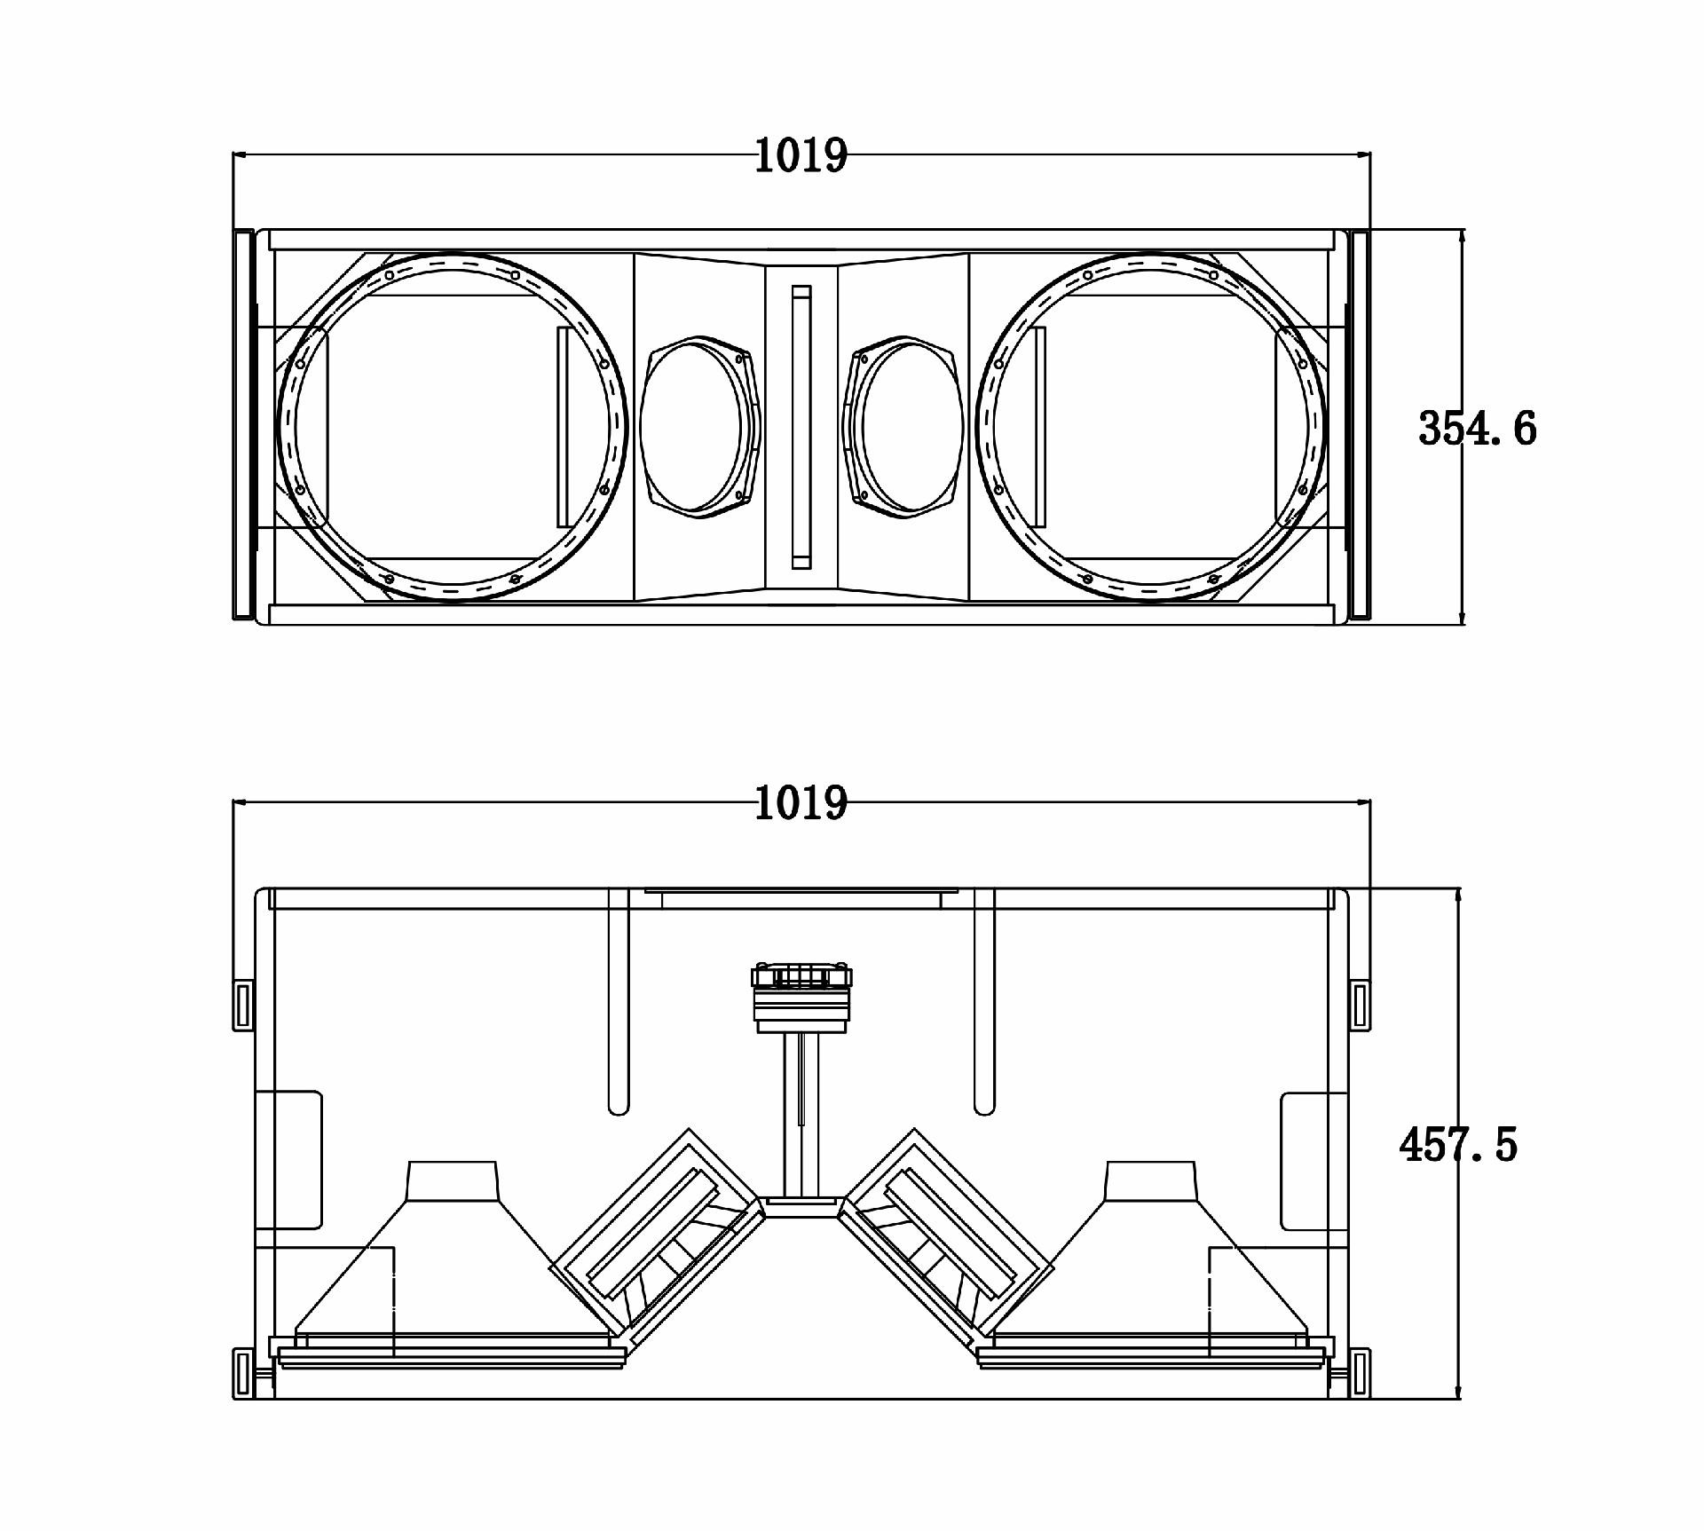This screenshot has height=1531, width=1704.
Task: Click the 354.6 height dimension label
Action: [x=1478, y=428]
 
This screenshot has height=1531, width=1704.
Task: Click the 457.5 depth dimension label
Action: [x=1459, y=1145]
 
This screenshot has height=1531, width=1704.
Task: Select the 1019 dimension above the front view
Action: [x=801, y=155]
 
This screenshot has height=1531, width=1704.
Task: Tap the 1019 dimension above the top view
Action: [x=801, y=803]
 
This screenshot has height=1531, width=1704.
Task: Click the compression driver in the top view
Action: [x=801, y=998]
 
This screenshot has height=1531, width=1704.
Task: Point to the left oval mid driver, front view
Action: [x=700, y=427]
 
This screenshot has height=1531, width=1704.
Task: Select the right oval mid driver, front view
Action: [x=903, y=427]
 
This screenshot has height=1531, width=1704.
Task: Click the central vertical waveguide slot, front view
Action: [x=801, y=427]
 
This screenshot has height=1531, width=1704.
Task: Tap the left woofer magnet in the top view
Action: [x=452, y=1181]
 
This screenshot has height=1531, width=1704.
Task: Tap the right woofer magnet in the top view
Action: [x=1151, y=1181]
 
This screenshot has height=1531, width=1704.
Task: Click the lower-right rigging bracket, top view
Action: [x=1360, y=1373]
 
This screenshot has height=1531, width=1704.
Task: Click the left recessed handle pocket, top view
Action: [x=288, y=1160]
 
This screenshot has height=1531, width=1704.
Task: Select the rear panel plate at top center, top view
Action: [x=801, y=899]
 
